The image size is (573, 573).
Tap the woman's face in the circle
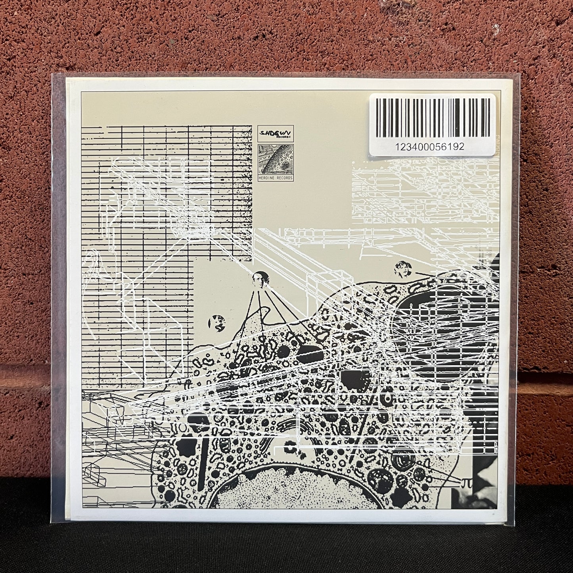click(402, 270)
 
